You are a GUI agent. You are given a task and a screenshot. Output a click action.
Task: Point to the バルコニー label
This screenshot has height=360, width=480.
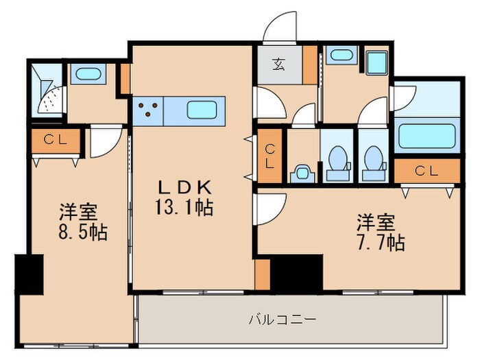click(291, 320)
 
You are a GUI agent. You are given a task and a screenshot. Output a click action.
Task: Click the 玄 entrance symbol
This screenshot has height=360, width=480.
click(279, 66)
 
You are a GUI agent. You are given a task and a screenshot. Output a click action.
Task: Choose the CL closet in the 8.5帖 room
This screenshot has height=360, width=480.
click(55, 141)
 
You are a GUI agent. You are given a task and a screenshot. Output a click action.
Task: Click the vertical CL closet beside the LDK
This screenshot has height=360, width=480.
click(270, 156)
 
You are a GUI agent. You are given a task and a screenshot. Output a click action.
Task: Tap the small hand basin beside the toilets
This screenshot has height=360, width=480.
click(301, 172)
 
